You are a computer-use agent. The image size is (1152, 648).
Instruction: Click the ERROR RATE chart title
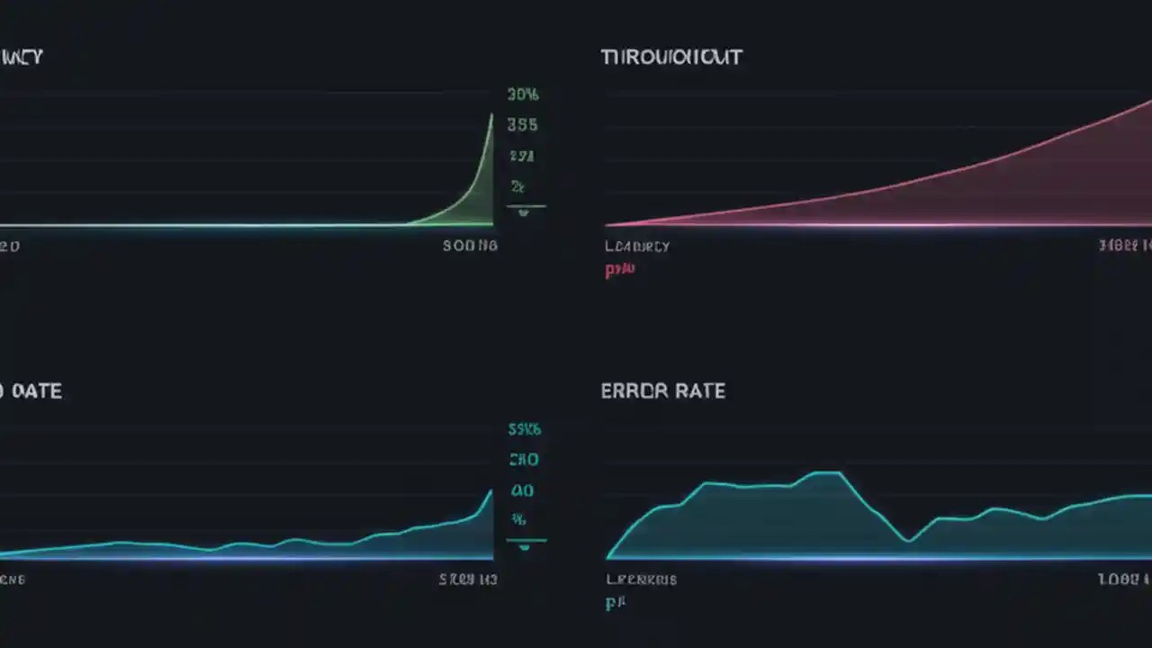pos(662,391)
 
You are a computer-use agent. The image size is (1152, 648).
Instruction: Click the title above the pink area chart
pos(671,58)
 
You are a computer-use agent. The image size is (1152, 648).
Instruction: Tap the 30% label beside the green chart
pos(523,94)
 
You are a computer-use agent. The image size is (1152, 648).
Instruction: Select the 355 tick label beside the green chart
pos(522,125)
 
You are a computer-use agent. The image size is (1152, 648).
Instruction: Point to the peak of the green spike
pos(491,114)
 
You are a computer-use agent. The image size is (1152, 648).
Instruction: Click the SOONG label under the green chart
pos(470,245)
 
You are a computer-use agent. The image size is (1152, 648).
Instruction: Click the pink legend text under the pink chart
pos(620,269)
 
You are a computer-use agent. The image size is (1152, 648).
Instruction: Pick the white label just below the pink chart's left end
pos(637,246)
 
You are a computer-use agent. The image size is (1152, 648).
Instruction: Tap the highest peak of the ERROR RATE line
pos(828,472)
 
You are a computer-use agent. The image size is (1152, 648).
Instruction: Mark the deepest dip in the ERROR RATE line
pos(908,541)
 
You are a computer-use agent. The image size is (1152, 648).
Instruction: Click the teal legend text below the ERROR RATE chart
pos(616,603)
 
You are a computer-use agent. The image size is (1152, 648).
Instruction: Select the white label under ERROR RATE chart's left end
pos(641,580)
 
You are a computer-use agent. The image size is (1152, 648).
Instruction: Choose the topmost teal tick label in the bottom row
pos(524,430)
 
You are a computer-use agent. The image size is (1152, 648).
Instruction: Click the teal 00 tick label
pos(522,490)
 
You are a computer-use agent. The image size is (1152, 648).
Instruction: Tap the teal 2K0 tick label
pos(524,460)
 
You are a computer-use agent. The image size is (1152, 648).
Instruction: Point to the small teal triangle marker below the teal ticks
pos(525,545)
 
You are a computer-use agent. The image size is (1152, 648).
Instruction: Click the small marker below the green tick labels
pos(525,211)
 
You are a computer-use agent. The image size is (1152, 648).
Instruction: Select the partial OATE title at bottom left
pos(31,391)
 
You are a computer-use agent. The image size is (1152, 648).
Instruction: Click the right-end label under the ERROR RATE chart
pos(1124,580)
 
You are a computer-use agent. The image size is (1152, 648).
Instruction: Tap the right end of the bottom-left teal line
pos(491,491)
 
